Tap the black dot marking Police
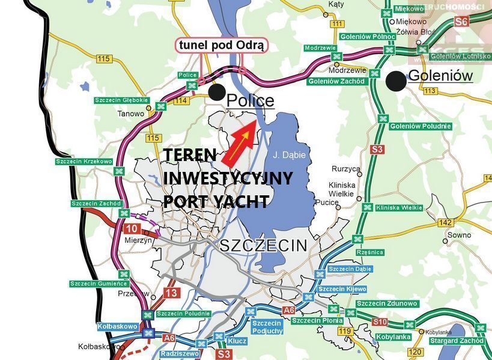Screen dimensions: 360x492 click(217, 92)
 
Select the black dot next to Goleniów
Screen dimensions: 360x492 click(395, 81)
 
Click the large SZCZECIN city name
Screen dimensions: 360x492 click(263, 245)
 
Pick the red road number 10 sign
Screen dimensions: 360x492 click(133, 228)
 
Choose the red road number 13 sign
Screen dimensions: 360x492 click(172, 293)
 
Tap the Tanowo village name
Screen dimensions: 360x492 click(131, 113)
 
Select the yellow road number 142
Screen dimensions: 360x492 click(445, 222)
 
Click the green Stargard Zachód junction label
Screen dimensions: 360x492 click(457, 341)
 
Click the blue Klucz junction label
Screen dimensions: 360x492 click(238, 340)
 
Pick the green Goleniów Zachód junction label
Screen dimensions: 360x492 click(336, 81)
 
